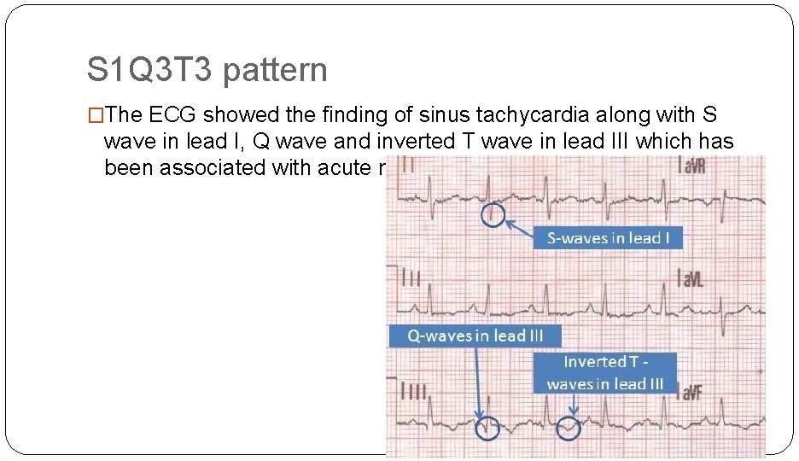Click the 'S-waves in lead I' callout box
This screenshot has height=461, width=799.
(609, 237)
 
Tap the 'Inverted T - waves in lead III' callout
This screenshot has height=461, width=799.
(604, 373)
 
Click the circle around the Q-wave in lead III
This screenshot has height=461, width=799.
(487, 428)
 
